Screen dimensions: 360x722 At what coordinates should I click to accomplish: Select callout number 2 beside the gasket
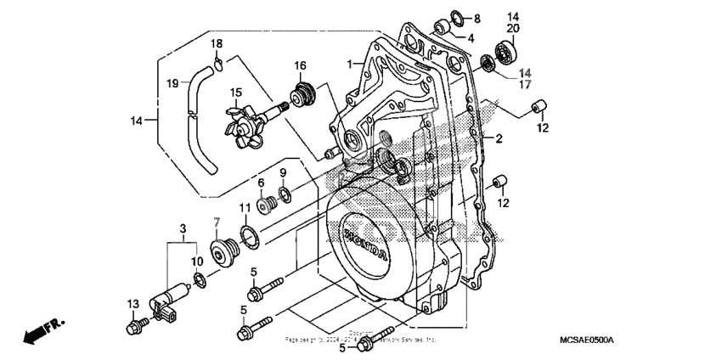click(x=499, y=138)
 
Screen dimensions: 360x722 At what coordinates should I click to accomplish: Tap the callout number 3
click(x=182, y=229)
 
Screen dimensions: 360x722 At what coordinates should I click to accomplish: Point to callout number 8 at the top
click(x=477, y=19)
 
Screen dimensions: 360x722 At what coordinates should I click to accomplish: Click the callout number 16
click(x=300, y=65)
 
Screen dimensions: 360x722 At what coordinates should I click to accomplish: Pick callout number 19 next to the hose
click(x=172, y=83)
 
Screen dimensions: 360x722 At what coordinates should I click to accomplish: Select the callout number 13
click(x=133, y=303)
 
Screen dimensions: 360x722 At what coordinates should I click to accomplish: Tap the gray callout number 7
click(x=217, y=222)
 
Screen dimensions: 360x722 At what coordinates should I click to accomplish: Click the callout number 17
click(x=526, y=85)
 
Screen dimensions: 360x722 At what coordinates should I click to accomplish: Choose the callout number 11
click(x=244, y=208)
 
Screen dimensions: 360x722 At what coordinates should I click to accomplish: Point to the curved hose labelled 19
click(x=202, y=119)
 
